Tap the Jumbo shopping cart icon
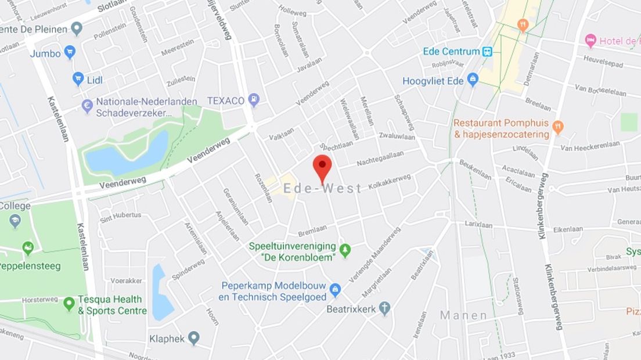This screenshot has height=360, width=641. tap(70, 53)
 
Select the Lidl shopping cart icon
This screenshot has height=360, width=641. tap(78, 79)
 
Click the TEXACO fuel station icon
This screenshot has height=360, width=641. tap(254, 100)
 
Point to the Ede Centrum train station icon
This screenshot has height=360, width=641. tap(488, 51)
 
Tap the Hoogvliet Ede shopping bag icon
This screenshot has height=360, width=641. tap(473, 80)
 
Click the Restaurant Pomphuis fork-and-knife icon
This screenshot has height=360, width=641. tap(557, 127)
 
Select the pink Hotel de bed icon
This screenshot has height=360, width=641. tap(590, 41)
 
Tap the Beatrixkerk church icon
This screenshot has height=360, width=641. tap(384, 309)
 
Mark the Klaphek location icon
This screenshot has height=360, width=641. tap(194, 338)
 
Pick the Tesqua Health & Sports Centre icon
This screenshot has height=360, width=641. tap(69, 303)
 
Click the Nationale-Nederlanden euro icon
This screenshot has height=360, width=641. tap(88, 106)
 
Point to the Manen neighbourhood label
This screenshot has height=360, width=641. tap(463, 315)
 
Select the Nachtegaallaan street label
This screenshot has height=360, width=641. tap(380, 165)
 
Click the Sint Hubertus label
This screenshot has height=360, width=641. tap(121, 215)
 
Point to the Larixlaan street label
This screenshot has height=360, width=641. tap(478, 224)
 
